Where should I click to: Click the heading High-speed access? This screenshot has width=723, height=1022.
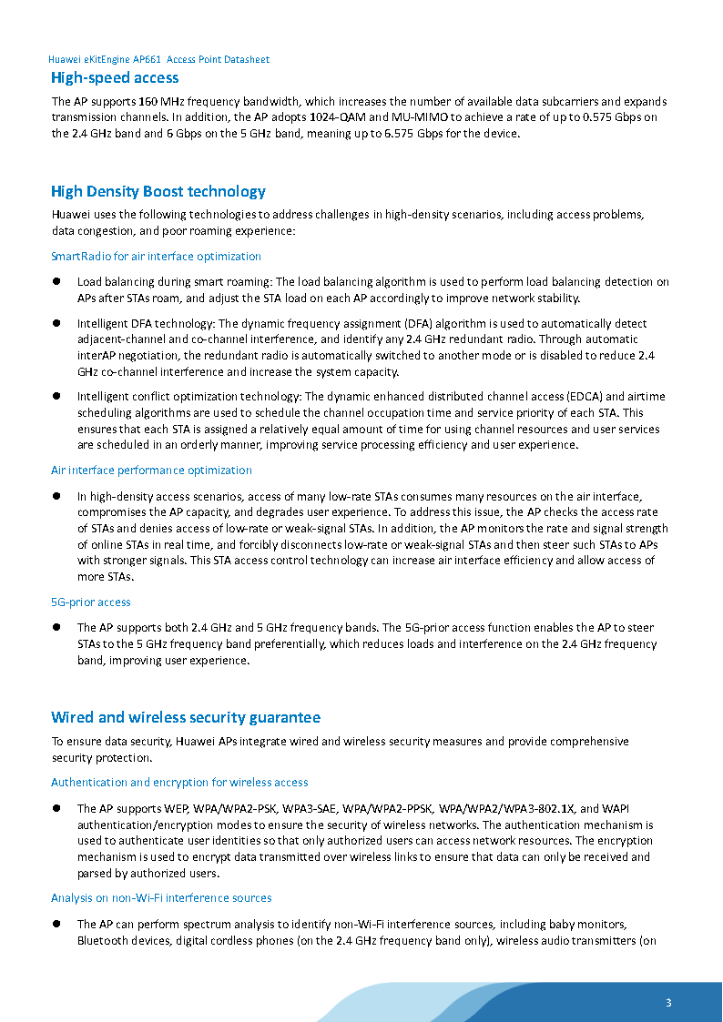115,77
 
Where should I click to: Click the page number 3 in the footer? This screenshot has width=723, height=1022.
668,1003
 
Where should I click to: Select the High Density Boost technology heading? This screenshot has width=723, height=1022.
158,191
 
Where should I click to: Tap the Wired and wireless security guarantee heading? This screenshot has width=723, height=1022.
186,717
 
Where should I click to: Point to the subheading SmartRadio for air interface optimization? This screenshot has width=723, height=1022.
156,257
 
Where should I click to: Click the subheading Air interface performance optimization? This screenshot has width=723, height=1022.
151,471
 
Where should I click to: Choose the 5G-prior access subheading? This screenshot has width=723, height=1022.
91,602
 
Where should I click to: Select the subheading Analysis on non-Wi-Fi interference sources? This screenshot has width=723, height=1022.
161,898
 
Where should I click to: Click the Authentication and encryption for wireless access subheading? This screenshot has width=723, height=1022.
179,782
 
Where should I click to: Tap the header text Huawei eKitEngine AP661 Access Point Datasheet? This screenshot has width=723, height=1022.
158,59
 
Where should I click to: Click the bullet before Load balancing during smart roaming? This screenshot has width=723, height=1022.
56,282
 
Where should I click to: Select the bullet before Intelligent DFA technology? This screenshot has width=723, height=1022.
56,323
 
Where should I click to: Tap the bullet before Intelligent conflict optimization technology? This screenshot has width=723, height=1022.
56,396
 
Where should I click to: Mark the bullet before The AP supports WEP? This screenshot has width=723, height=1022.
56,808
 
